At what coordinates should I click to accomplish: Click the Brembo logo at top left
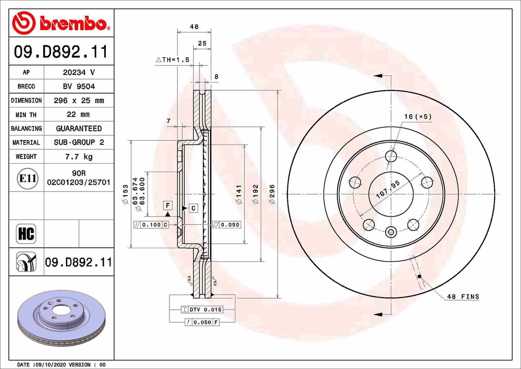pyautogui.click(x=60, y=23)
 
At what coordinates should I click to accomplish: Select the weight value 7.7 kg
pyautogui.click(x=78, y=156)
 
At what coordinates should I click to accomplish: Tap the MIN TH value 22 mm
pyautogui.click(x=78, y=115)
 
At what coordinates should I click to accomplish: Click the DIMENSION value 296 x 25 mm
pyautogui.click(x=78, y=100)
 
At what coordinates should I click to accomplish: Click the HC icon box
pyautogui.click(x=26, y=234)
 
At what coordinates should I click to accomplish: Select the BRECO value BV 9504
pyautogui.click(x=78, y=87)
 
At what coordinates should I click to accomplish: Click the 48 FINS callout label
pyautogui.click(x=462, y=296)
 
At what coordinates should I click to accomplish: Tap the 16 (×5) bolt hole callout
pyautogui.click(x=418, y=117)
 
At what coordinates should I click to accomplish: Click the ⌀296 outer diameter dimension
pyautogui.click(x=272, y=194)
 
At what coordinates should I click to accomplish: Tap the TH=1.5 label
pyautogui.click(x=173, y=60)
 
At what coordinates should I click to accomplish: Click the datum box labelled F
pyautogui.click(x=167, y=205)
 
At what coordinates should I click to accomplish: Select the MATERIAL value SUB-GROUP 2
pyautogui.click(x=78, y=143)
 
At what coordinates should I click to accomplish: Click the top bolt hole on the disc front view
pyautogui.click(x=391, y=156)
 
